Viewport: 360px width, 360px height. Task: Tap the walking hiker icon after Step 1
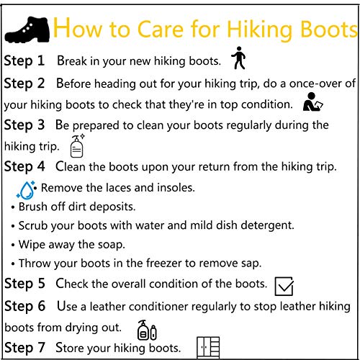238,58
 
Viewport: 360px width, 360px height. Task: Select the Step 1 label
24,61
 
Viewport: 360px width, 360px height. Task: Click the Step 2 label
24,84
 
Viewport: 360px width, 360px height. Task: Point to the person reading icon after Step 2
312,103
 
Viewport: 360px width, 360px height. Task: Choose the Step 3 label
24,125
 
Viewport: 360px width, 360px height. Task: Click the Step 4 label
24,167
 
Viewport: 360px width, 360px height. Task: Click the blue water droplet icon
27,189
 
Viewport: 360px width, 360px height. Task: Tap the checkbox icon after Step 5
284,286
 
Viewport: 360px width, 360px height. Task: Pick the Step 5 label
24,284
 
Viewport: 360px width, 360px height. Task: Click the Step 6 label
24,307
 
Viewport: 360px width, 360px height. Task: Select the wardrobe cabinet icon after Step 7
207,348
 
